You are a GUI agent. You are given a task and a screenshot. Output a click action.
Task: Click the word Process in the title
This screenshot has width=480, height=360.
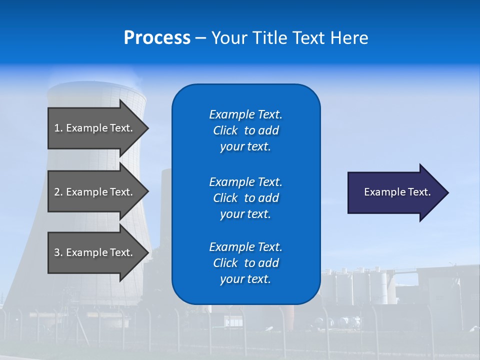coord(157,38)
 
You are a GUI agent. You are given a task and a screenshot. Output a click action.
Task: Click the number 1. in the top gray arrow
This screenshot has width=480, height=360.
coord(58,128)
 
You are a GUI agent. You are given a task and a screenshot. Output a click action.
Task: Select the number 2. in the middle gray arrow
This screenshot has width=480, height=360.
coord(58,192)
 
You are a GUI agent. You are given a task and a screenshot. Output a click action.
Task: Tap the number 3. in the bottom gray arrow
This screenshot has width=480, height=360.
coord(58,252)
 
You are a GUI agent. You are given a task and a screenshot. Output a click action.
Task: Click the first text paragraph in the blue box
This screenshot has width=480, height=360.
coord(245,130)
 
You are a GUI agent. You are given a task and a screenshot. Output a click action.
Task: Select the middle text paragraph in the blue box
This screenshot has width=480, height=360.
coord(245,198)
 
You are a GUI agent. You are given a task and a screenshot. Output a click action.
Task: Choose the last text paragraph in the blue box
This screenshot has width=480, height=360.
coord(245,263)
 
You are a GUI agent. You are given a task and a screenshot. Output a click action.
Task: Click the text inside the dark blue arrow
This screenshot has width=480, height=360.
coord(397,192)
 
